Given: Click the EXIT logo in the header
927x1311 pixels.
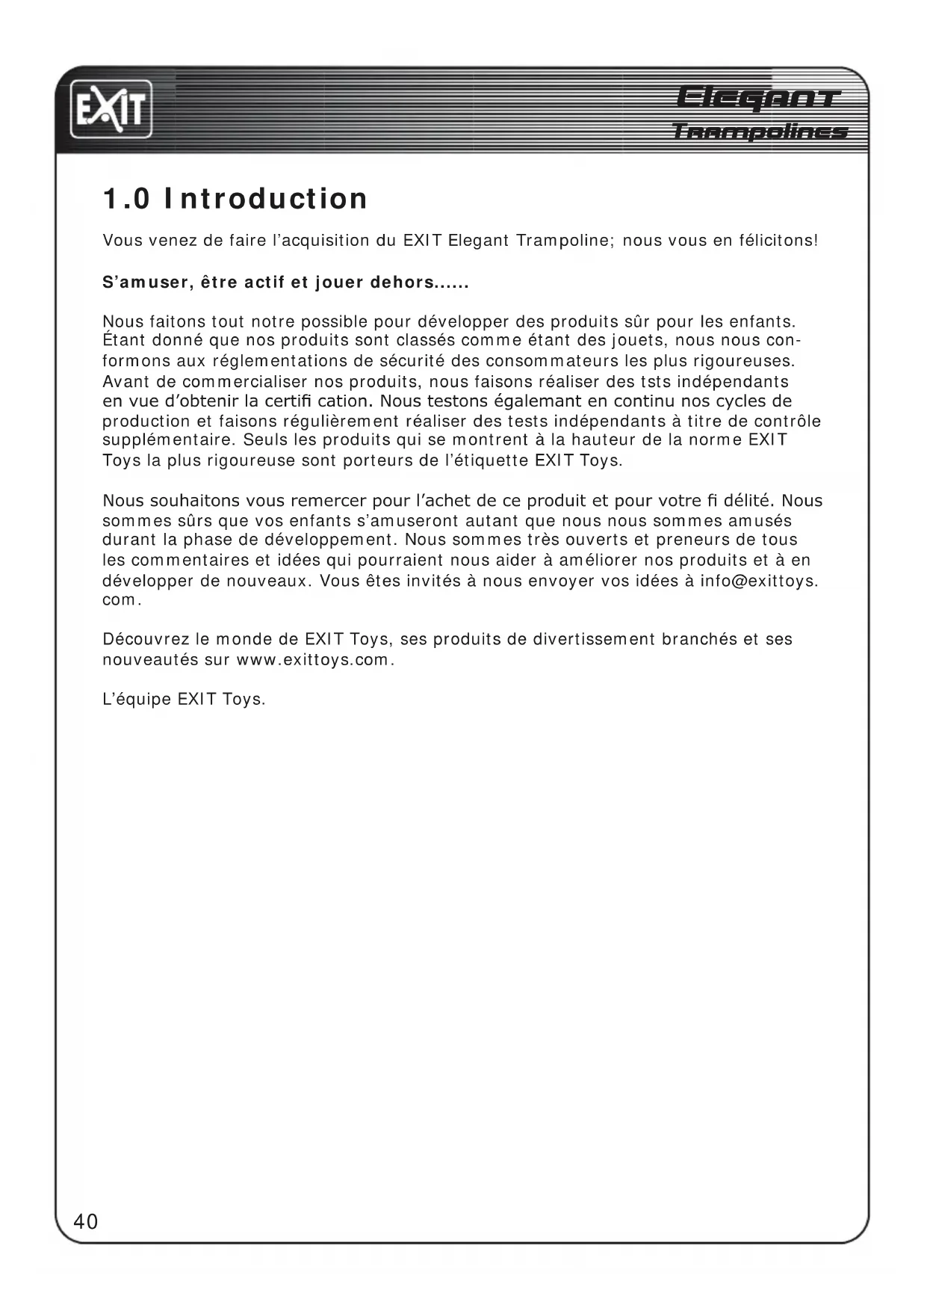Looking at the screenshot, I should [111, 111].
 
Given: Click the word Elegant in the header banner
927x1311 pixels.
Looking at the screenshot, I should [758, 98].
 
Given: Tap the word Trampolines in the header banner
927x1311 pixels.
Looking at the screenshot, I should [760, 132].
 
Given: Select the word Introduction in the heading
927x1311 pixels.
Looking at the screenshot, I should [266, 199].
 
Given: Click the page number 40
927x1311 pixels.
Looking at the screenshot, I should [86, 1221].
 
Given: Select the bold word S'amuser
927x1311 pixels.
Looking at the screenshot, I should [144, 283].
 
